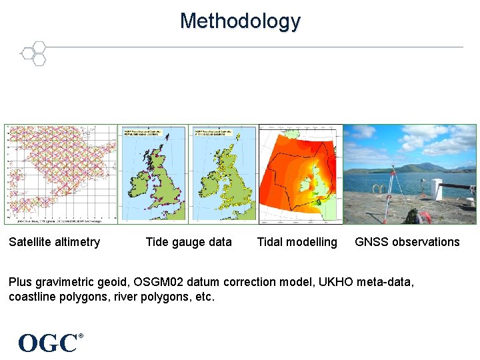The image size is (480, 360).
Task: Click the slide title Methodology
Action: [x=240, y=21]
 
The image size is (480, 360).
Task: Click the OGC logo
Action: [x=47, y=343]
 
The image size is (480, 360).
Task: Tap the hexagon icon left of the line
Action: [x=33, y=53]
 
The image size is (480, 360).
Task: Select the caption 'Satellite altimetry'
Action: [x=54, y=242]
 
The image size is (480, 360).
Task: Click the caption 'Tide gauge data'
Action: [x=189, y=242]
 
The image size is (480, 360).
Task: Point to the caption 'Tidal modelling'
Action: [x=297, y=242]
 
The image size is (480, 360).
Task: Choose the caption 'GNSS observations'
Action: [x=407, y=242]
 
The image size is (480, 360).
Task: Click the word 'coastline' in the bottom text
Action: [x=33, y=297]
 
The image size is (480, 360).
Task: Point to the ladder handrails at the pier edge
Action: [x=381, y=189]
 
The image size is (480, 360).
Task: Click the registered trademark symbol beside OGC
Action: [x=81, y=336]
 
